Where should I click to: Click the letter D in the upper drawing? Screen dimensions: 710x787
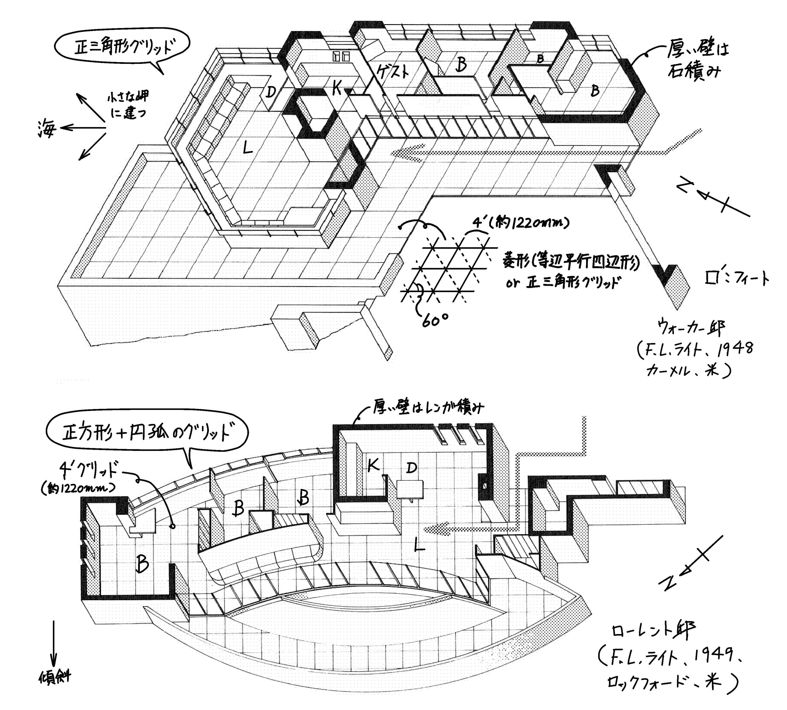pyautogui.click(x=271, y=92)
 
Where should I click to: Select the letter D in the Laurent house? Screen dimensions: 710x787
pyautogui.click(x=411, y=468)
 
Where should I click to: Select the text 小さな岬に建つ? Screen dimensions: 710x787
pyautogui.click(x=128, y=105)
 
